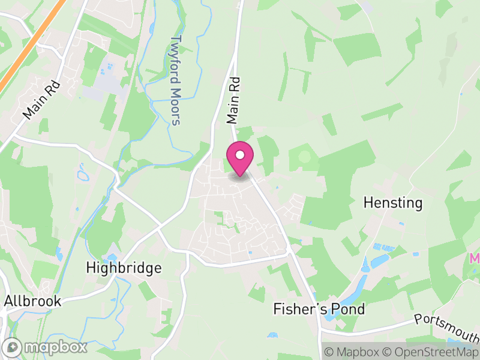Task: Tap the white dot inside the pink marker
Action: [239, 155]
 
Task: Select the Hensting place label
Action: [393, 203]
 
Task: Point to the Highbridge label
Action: [124, 268]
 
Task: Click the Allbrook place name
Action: [33, 301]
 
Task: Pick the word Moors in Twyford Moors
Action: [175, 107]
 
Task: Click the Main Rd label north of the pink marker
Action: [234, 100]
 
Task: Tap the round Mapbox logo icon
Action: [13, 347]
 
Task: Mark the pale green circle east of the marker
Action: [304, 157]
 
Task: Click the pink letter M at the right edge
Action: [475, 259]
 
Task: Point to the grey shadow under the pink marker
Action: [239, 176]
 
